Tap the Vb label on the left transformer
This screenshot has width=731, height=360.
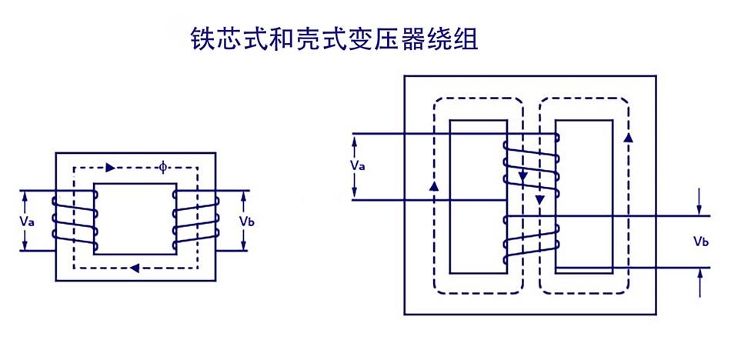(x=246, y=221)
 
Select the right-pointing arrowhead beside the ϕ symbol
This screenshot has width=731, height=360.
(x=111, y=167)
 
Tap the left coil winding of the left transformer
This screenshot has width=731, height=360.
(x=75, y=222)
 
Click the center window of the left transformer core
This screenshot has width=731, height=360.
(x=135, y=218)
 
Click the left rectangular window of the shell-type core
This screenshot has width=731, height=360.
(x=478, y=196)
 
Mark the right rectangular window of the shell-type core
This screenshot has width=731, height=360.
(x=584, y=196)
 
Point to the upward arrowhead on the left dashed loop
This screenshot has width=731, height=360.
(x=435, y=186)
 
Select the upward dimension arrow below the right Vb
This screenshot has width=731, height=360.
(x=699, y=273)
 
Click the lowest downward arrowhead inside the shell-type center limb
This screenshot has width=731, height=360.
(x=539, y=200)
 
